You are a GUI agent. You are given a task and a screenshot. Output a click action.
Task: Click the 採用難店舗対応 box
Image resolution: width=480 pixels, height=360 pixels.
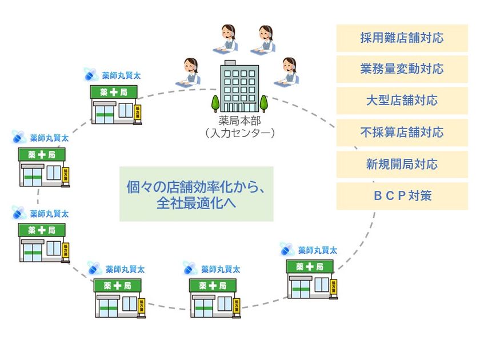[402, 38]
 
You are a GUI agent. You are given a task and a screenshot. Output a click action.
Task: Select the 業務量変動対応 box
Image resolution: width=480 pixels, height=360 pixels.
[402, 70]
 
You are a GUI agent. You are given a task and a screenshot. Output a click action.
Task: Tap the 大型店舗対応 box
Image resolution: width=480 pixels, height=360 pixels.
[402, 101]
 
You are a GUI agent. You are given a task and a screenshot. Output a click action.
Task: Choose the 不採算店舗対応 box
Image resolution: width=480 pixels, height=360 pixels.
[402, 133]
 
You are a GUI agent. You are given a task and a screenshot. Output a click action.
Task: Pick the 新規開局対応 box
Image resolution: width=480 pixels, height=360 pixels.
[402, 165]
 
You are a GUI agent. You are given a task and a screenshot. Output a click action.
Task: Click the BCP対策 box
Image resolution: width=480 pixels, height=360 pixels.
[402, 196]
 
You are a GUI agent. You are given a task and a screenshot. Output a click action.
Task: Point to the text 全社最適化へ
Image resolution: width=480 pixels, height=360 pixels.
[196, 203]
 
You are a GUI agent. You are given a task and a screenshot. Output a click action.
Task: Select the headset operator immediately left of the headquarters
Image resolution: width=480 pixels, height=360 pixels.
[190, 72]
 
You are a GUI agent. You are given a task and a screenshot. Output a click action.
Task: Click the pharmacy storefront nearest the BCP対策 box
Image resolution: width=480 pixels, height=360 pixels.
[311, 279]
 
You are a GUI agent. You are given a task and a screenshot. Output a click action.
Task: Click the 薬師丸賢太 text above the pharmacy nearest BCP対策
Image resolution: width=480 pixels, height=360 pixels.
[317, 250]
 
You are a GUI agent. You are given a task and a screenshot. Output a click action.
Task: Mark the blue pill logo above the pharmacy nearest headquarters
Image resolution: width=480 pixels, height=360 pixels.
[90, 74]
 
